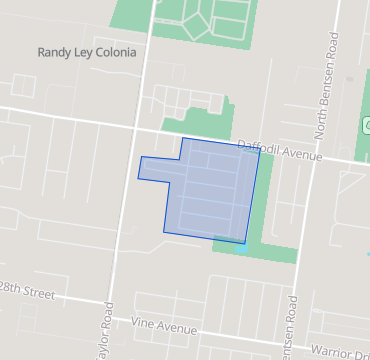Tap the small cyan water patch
pyautogui.click(x=242, y=249)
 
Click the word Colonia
pyautogui.click(x=112, y=52)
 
